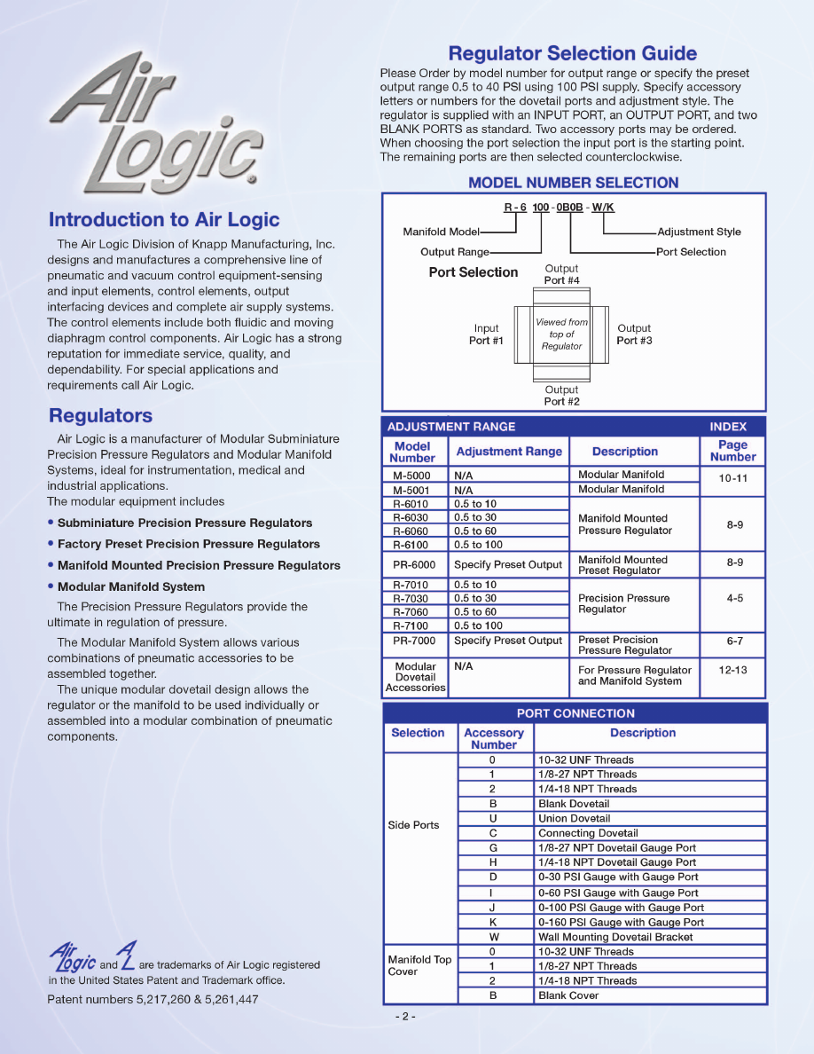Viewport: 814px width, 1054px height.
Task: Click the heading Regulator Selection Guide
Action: click(572, 53)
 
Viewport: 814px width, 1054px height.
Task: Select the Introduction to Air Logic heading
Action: click(164, 220)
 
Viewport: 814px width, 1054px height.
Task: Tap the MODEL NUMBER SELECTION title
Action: click(573, 183)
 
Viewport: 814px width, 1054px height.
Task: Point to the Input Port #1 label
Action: click(486, 334)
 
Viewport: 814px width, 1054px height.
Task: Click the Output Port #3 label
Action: click(634, 334)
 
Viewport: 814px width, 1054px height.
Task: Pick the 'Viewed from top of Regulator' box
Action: click(560, 334)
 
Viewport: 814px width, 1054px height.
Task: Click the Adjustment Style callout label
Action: click(699, 232)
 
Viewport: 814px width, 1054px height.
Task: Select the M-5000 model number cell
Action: click(411, 476)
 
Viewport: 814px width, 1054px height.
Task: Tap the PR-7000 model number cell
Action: click(414, 641)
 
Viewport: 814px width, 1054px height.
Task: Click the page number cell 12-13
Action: click(732, 670)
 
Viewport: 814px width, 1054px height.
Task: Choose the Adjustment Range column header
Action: click(509, 452)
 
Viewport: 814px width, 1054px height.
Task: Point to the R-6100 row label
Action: click(411, 545)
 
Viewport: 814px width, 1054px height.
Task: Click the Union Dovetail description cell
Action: click(575, 818)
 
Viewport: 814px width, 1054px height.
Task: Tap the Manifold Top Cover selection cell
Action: click(419, 965)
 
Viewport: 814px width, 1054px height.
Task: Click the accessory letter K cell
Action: click(492, 923)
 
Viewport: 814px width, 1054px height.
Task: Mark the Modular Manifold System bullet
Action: click(131, 586)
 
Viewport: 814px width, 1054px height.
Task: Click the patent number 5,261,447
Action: click(228, 1000)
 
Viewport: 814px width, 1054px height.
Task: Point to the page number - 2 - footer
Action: click(405, 1017)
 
